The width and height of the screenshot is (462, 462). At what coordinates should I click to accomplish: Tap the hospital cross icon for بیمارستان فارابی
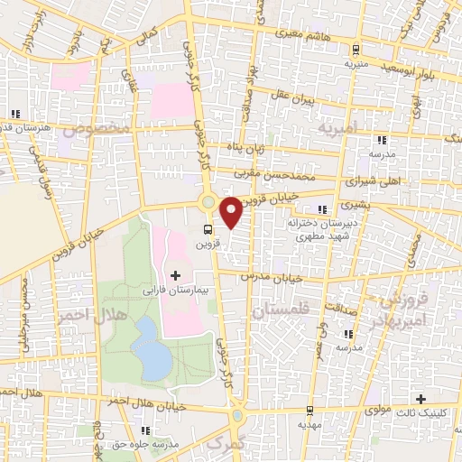coord(175,274)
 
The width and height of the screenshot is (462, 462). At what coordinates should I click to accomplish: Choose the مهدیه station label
coord(310,421)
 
